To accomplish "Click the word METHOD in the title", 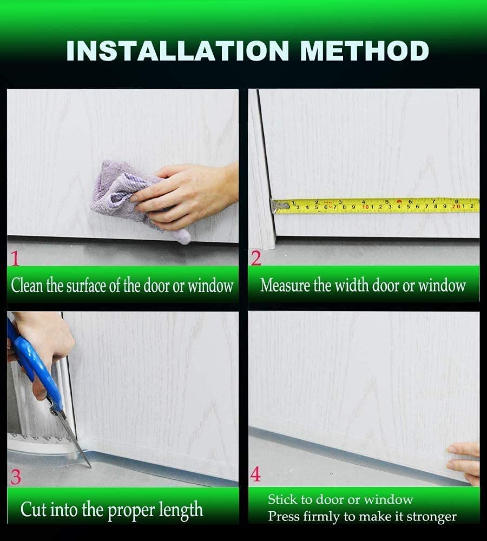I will pos(364,50).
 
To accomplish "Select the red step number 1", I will pos(15,259).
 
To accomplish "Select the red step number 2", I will pos(256,258).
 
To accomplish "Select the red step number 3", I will pos(16,477).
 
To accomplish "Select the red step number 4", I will pos(255,474).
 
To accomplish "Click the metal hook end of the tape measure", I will pos(278,206).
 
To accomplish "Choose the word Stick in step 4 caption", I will pos(282,499).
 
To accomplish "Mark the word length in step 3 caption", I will pos(181,510).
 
